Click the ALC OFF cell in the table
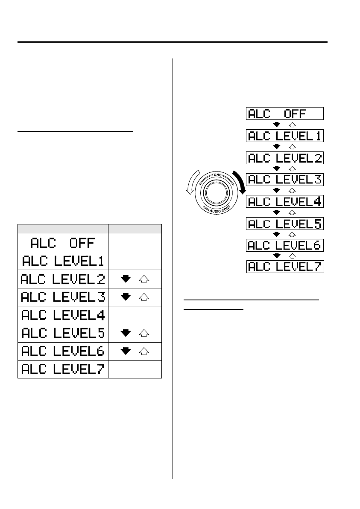(63, 243)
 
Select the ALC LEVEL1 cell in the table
(63, 261)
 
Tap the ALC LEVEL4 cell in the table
(63, 315)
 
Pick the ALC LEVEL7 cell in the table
(63, 369)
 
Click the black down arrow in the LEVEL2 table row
(126, 279)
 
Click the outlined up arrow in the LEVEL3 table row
(144, 297)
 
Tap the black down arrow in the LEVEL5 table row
(126, 333)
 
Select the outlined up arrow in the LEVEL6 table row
(144, 351)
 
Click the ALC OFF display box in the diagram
(284, 113)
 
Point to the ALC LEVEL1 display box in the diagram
(284, 136)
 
